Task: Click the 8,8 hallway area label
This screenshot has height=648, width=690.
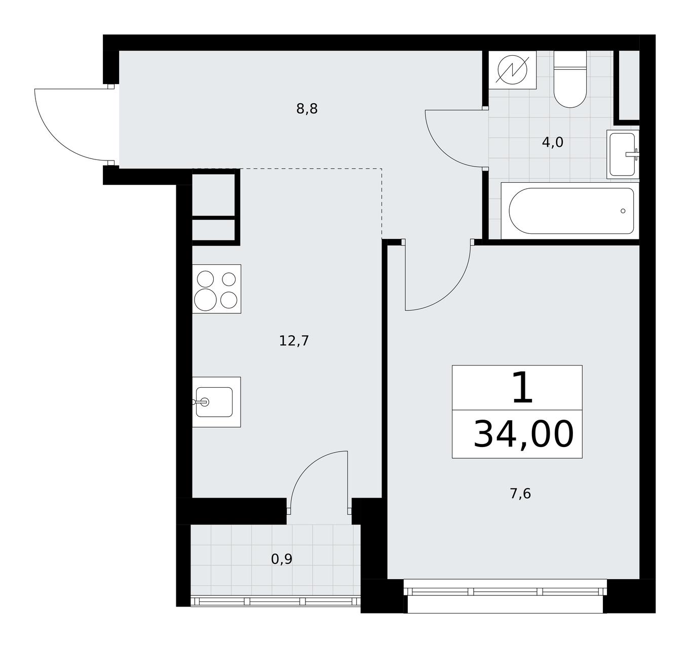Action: tap(307, 109)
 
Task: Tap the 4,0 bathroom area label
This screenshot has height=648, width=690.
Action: tap(552, 142)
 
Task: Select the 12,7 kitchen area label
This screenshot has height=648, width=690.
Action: tap(294, 341)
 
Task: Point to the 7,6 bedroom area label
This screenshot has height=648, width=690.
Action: tap(520, 494)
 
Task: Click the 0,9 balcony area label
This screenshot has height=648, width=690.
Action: tap(281, 559)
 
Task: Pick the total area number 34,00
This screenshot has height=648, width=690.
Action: tap(524, 434)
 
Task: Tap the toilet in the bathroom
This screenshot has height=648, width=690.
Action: tap(570, 79)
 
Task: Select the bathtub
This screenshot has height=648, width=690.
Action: tap(570, 211)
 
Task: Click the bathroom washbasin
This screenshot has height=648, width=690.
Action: tap(623, 154)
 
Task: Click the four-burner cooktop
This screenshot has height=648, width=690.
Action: tap(216, 289)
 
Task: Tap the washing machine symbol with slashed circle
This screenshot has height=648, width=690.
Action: tap(513, 70)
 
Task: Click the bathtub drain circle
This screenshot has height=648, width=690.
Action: tap(623, 211)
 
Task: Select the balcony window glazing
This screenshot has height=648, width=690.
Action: tap(276, 601)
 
